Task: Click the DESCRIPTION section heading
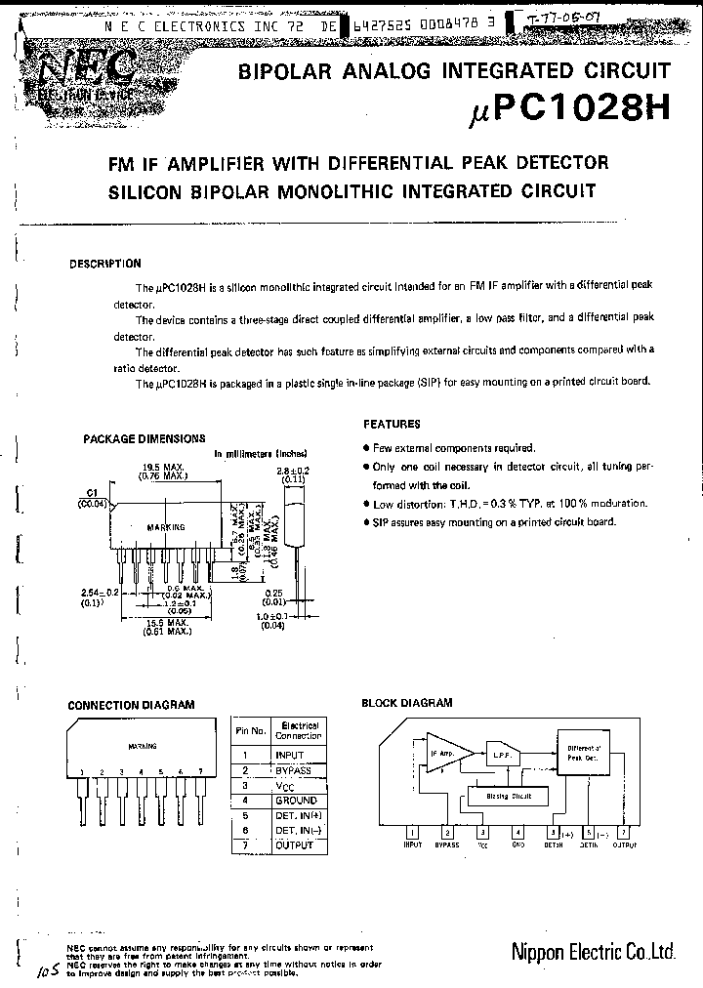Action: click(x=105, y=264)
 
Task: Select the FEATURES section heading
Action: click(x=392, y=425)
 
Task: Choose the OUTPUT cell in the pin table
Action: click(x=294, y=845)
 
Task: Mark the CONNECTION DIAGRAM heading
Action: click(x=131, y=705)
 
